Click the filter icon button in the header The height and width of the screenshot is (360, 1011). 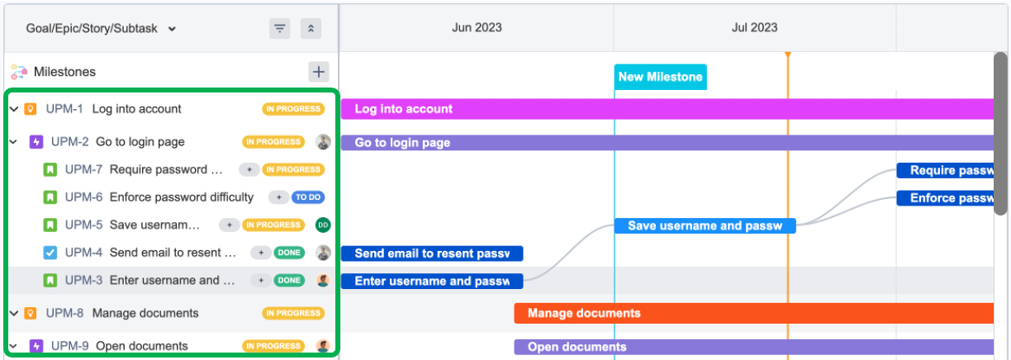(x=280, y=28)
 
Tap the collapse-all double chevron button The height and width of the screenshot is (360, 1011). (x=311, y=28)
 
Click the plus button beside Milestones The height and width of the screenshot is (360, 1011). (x=319, y=72)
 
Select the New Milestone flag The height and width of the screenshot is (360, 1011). (x=660, y=77)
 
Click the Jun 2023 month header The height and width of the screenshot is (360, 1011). (x=477, y=27)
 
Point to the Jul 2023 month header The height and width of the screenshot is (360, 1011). (x=755, y=27)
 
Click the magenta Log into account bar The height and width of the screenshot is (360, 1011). (x=667, y=109)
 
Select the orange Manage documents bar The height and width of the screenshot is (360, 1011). (x=754, y=313)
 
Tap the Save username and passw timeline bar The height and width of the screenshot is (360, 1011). (x=705, y=225)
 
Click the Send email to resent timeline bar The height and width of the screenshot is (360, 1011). (x=432, y=253)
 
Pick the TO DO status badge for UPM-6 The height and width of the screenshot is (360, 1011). (x=308, y=197)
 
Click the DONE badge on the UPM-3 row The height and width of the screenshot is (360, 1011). (x=289, y=280)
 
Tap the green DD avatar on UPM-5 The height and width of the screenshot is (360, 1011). (x=323, y=225)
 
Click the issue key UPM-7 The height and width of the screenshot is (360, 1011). (x=83, y=169)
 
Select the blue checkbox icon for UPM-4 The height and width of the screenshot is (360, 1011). (x=50, y=253)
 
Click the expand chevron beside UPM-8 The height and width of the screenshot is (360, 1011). (x=14, y=313)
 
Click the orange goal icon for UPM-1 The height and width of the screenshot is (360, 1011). (x=31, y=109)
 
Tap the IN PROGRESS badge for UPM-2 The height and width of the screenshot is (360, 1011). (x=273, y=142)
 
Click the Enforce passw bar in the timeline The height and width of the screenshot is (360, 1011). (x=945, y=198)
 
